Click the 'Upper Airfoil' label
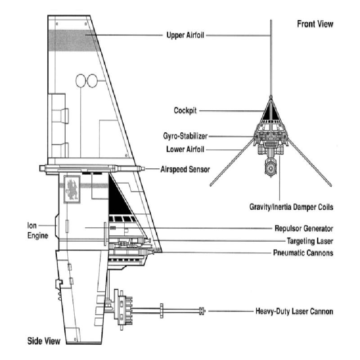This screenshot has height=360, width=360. (x=185, y=36)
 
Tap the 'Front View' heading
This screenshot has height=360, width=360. (x=315, y=24)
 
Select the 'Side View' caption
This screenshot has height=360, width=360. (x=44, y=341)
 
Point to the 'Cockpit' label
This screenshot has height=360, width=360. (x=185, y=110)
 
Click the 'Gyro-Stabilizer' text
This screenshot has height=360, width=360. (x=185, y=136)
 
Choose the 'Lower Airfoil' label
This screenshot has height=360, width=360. (x=185, y=149)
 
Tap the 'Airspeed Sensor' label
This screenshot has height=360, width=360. (x=185, y=170)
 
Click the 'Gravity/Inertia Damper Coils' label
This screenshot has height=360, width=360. (x=291, y=207)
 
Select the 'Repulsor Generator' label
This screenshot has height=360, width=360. (x=304, y=229)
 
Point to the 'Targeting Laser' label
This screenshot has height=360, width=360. (x=310, y=241)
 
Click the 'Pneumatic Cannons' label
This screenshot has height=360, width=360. (x=303, y=253)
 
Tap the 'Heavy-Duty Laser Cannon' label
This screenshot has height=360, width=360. (x=294, y=311)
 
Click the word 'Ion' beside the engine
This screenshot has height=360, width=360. (x=32, y=225)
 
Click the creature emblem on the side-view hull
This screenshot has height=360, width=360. (x=72, y=189)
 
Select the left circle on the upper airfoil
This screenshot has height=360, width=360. (x=81, y=81)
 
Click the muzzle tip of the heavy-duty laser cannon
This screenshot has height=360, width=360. (x=205, y=311)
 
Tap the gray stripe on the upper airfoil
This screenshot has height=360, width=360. (x=72, y=40)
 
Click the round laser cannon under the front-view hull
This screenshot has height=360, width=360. (x=270, y=168)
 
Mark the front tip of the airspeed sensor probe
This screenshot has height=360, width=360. (x=144, y=169)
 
